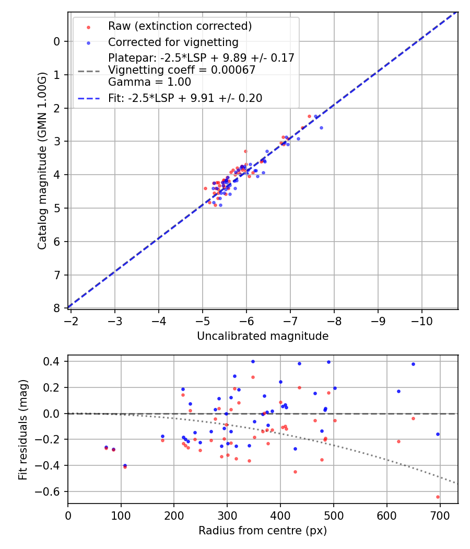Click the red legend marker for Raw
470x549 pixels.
coord(88,27)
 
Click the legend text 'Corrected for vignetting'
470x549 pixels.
coord(173,42)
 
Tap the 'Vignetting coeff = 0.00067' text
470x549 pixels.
coord(182,70)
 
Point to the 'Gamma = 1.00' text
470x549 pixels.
coord(149,82)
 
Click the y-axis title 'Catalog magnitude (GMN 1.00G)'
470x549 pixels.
coord(42,161)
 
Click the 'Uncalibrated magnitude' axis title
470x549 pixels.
coord(263,336)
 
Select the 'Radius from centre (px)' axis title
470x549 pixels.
coord(263,531)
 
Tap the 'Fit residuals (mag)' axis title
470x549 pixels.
coord(23,430)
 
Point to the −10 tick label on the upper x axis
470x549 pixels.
coord(421,321)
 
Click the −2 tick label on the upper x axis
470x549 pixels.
coord(70,321)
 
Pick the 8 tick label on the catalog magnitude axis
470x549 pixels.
coord(56,308)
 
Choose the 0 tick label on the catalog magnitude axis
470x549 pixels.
coord(56,42)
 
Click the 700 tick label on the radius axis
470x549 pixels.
coord(440,516)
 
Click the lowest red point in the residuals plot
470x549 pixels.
coord(438,497)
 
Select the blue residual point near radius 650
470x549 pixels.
coord(414,364)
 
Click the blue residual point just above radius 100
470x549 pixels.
coord(125,465)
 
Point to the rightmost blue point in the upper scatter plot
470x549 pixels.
coord(321,128)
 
